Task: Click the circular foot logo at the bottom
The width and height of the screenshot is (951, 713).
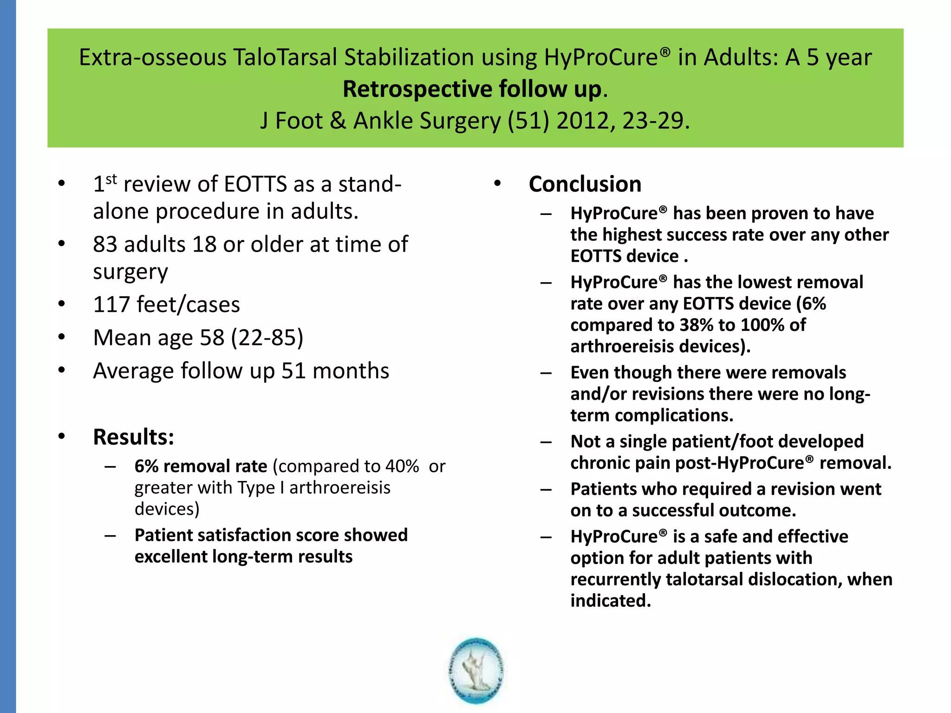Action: pos(476,671)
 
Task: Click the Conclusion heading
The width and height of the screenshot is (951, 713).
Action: pos(585,184)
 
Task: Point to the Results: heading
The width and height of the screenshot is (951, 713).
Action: pos(133,437)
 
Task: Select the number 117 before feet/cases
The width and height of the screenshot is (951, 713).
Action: pos(111,305)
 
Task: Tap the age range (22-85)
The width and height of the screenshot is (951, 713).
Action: pos(267,337)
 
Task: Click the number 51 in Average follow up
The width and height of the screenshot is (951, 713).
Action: pos(293,371)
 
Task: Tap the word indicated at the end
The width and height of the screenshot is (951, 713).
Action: pos(610,601)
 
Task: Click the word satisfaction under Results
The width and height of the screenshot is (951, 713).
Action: pos(244,535)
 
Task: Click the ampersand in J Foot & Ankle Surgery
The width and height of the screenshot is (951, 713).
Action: pos(338,121)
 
